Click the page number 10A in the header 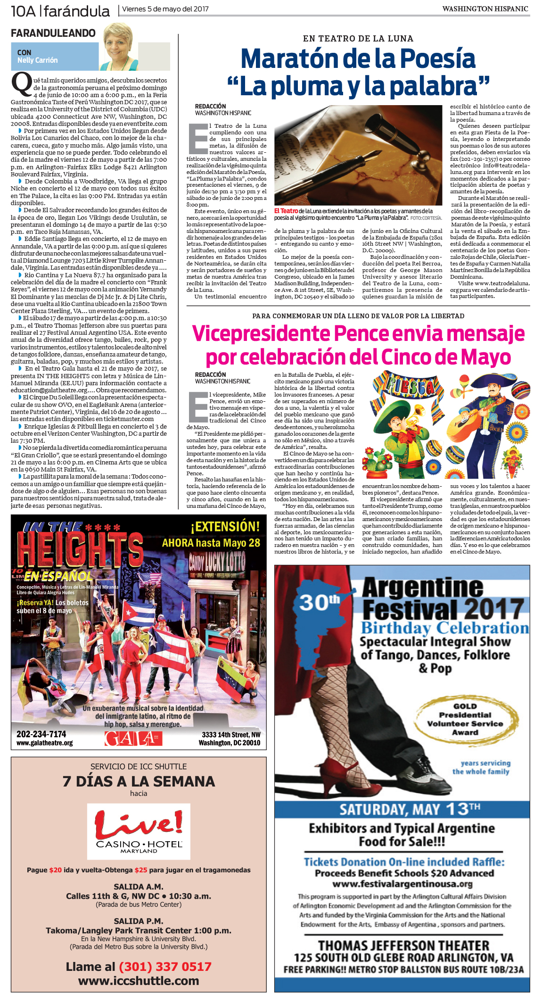coord(24,11)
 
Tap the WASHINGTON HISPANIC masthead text coord(485,9)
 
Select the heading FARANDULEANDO coord(53,33)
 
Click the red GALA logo coord(133,738)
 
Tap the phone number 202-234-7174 coord(41,734)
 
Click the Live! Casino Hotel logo coord(139,831)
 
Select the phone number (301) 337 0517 coord(164,967)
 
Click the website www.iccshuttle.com coord(139,981)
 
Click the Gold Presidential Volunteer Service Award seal coord(465,720)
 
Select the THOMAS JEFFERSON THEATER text coord(403,945)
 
